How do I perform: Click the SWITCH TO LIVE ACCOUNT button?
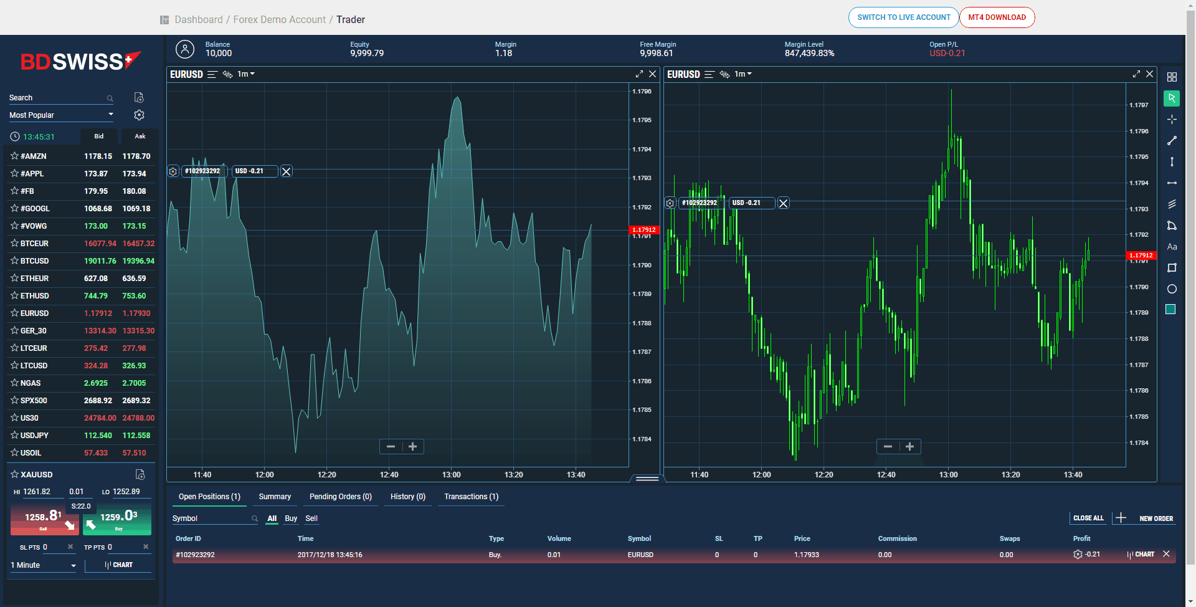[903, 17]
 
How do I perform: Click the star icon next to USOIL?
[14, 453]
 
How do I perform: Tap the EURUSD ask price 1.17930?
[136, 313]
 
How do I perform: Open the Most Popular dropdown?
[61, 115]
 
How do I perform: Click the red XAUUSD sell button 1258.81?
[44, 519]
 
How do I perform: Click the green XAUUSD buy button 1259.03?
[118, 519]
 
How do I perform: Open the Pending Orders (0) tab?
[340, 497]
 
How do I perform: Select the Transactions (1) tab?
[471, 497]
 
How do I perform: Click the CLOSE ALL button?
[1088, 518]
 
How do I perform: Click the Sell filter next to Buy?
[311, 519]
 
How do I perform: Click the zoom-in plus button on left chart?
[412, 447]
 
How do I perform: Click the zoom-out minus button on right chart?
[888, 447]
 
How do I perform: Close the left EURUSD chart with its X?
[652, 74]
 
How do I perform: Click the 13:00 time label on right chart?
[948, 475]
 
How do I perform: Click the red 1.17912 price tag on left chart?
[644, 230]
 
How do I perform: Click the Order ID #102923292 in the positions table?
[195, 555]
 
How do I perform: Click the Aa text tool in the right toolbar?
[1172, 247]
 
